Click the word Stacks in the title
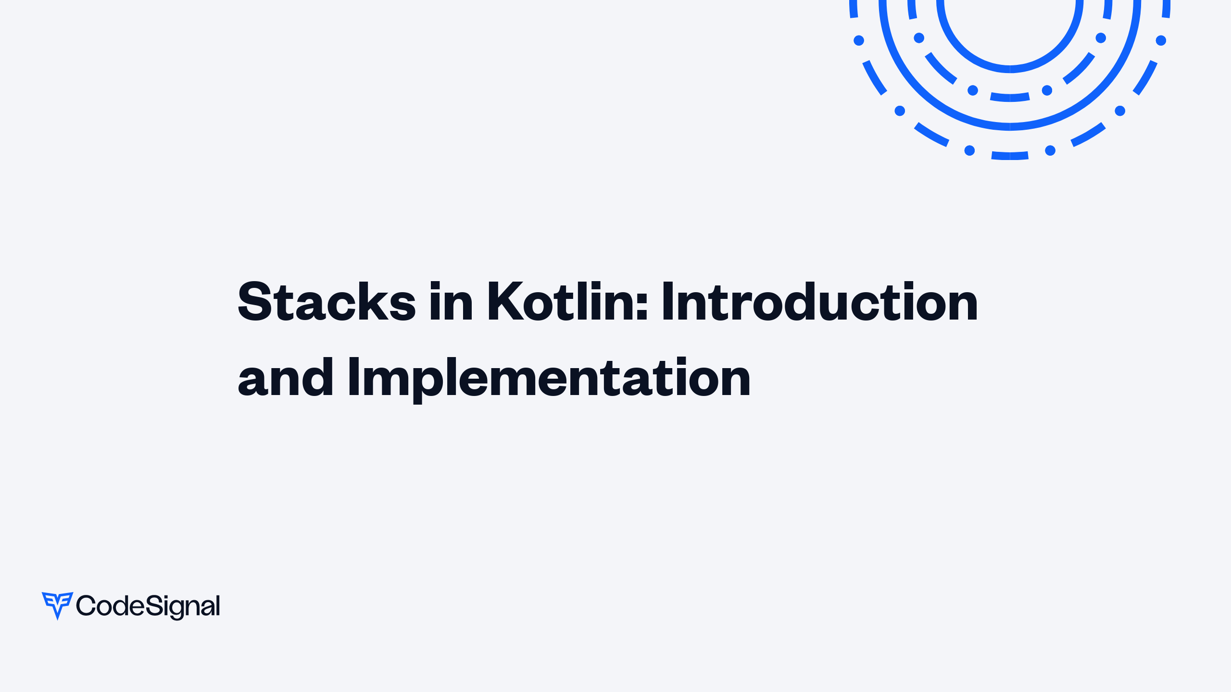tap(327, 302)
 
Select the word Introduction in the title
tap(819, 302)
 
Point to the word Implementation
tap(549, 378)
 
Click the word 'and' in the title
tap(286, 378)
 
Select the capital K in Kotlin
tap(505, 302)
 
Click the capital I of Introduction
tap(667, 302)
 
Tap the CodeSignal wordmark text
tap(148, 606)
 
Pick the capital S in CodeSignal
tap(153, 605)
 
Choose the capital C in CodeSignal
tap(86, 605)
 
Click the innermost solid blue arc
tap(1010, 69)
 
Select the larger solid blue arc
tap(1010, 126)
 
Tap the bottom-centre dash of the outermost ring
tap(1010, 156)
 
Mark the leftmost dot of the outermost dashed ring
tap(859, 40)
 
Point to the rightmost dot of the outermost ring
tap(1161, 40)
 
